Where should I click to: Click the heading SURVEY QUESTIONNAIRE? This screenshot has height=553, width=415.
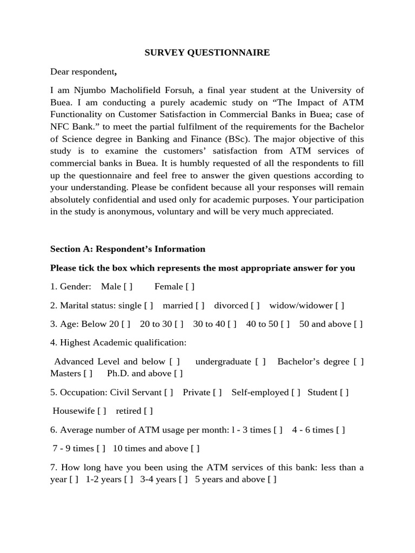point(207,52)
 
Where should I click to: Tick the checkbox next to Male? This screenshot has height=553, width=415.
point(128,286)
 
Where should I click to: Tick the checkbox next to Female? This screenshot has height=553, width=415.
point(190,286)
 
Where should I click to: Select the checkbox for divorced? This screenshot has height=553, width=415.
point(255,305)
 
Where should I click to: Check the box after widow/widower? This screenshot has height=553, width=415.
point(339,305)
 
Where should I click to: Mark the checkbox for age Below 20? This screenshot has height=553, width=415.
point(126,324)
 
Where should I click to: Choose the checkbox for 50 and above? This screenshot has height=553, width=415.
point(358,324)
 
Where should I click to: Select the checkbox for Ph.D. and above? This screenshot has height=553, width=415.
point(178,373)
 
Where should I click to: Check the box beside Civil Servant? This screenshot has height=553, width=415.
point(169,392)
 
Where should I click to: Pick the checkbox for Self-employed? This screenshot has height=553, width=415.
point(296,392)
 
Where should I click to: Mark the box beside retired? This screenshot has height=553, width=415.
point(148,411)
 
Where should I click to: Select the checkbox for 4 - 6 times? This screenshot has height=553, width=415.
point(340,430)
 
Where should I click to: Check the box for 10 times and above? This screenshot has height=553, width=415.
point(195,448)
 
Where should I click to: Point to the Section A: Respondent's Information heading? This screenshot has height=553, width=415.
point(128,249)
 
